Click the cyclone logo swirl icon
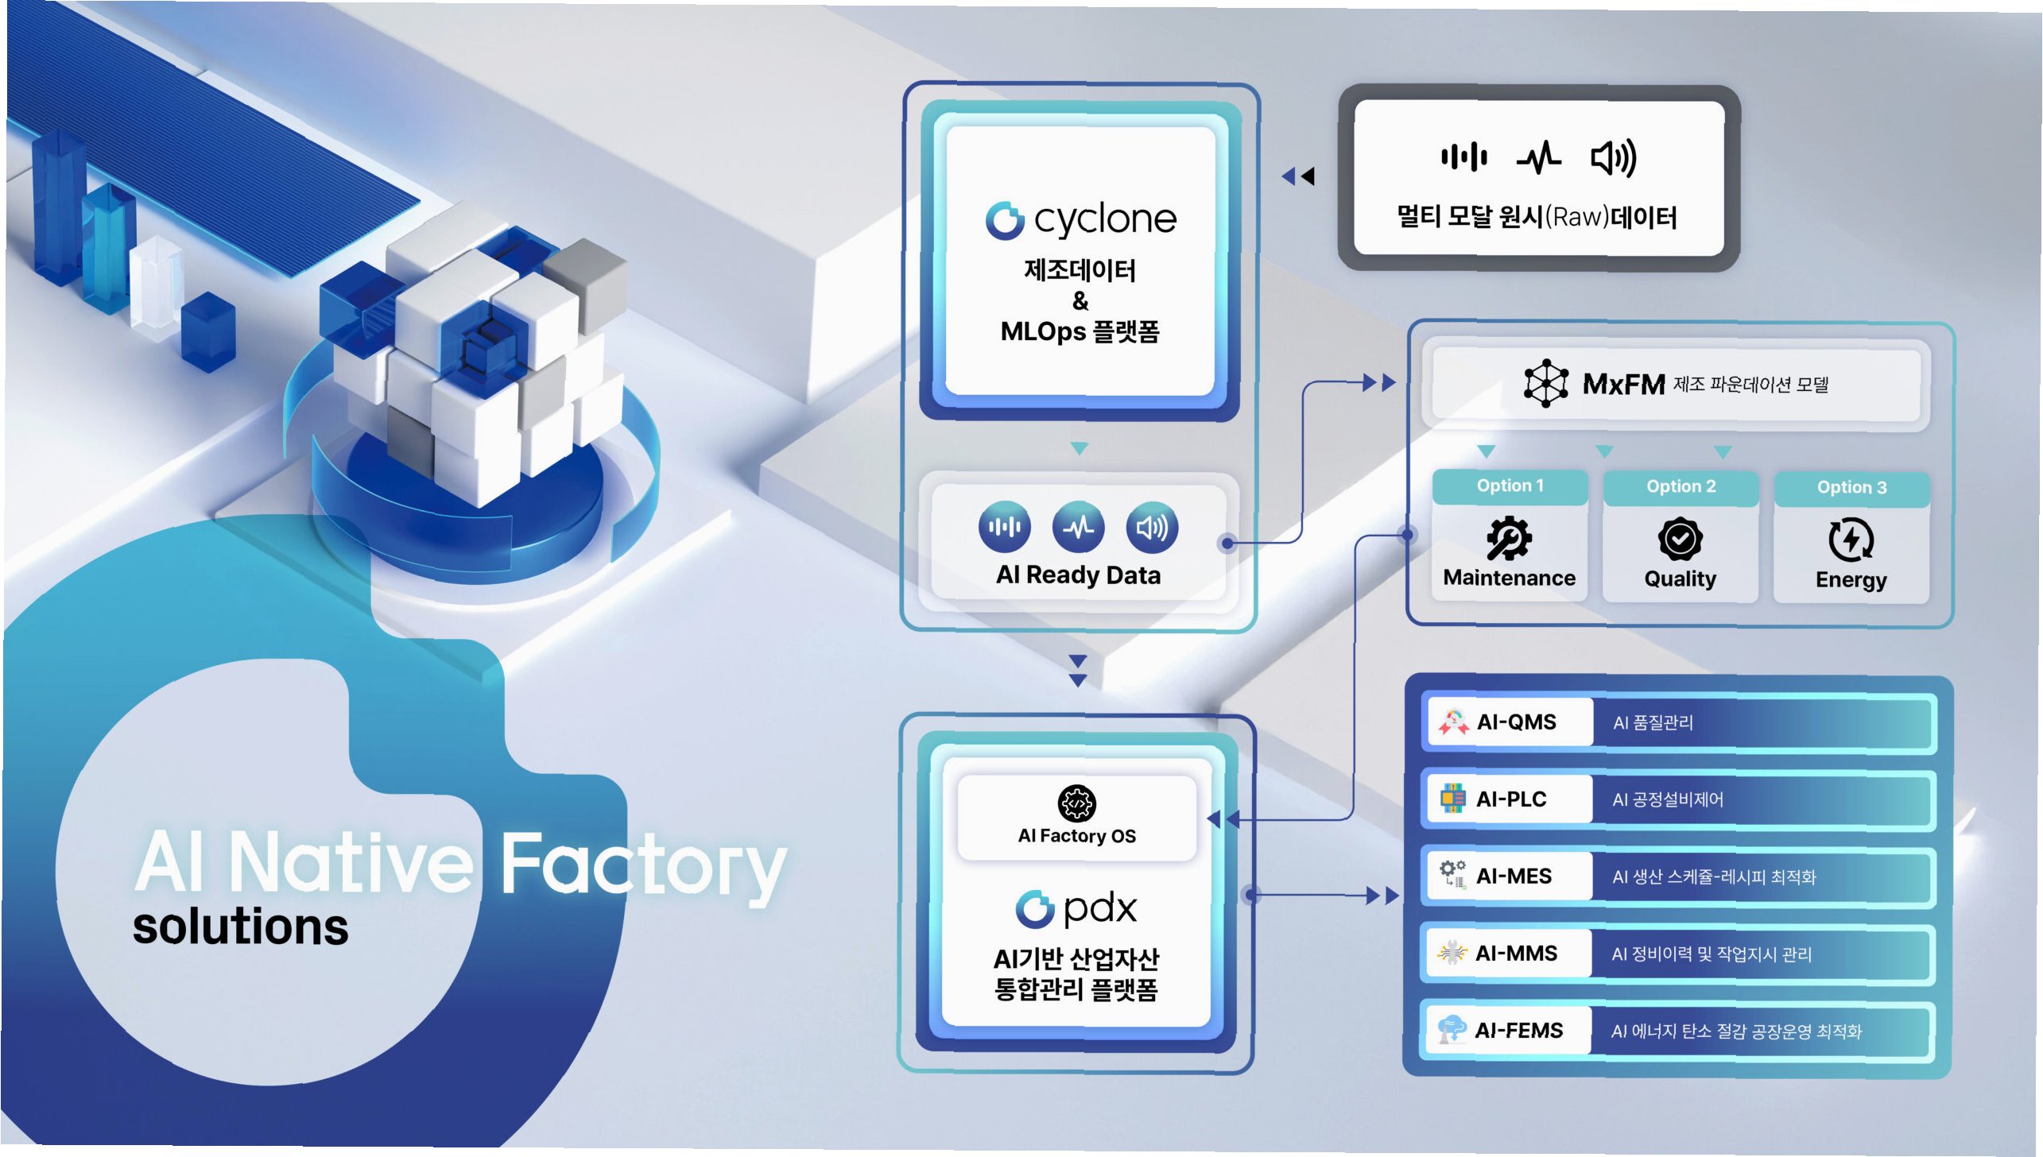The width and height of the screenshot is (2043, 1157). pyautogui.click(x=1005, y=220)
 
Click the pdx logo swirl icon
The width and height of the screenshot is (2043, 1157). pyautogui.click(x=1034, y=909)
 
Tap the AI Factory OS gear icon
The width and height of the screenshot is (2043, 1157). pyautogui.click(x=1076, y=803)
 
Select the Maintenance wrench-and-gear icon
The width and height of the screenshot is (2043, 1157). pyautogui.click(x=1508, y=539)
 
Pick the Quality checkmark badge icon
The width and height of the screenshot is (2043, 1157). pyautogui.click(x=1680, y=540)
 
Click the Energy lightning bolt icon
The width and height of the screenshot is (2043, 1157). pyautogui.click(x=1851, y=540)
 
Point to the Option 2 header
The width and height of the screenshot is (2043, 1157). pyautogui.click(x=1681, y=486)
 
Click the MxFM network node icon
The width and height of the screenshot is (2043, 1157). pyautogui.click(x=1545, y=384)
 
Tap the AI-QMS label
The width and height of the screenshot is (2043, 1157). pyautogui.click(x=1516, y=722)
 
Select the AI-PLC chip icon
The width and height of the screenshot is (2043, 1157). pyautogui.click(x=1452, y=799)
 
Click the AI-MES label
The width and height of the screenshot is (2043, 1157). pyautogui.click(x=1514, y=876)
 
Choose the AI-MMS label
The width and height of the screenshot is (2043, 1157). pyautogui.click(x=1516, y=954)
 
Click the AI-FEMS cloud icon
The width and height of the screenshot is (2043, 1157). pyautogui.click(x=1452, y=1029)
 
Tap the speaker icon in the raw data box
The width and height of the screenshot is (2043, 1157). pyautogui.click(x=1613, y=157)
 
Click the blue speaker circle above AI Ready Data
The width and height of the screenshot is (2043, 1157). pyautogui.click(x=1152, y=528)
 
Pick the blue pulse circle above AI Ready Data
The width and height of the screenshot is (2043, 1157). pyautogui.click(x=1078, y=528)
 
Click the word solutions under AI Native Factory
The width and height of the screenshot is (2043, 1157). pyautogui.click(x=240, y=927)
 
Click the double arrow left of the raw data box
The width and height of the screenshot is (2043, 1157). pyautogui.click(x=1298, y=176)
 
